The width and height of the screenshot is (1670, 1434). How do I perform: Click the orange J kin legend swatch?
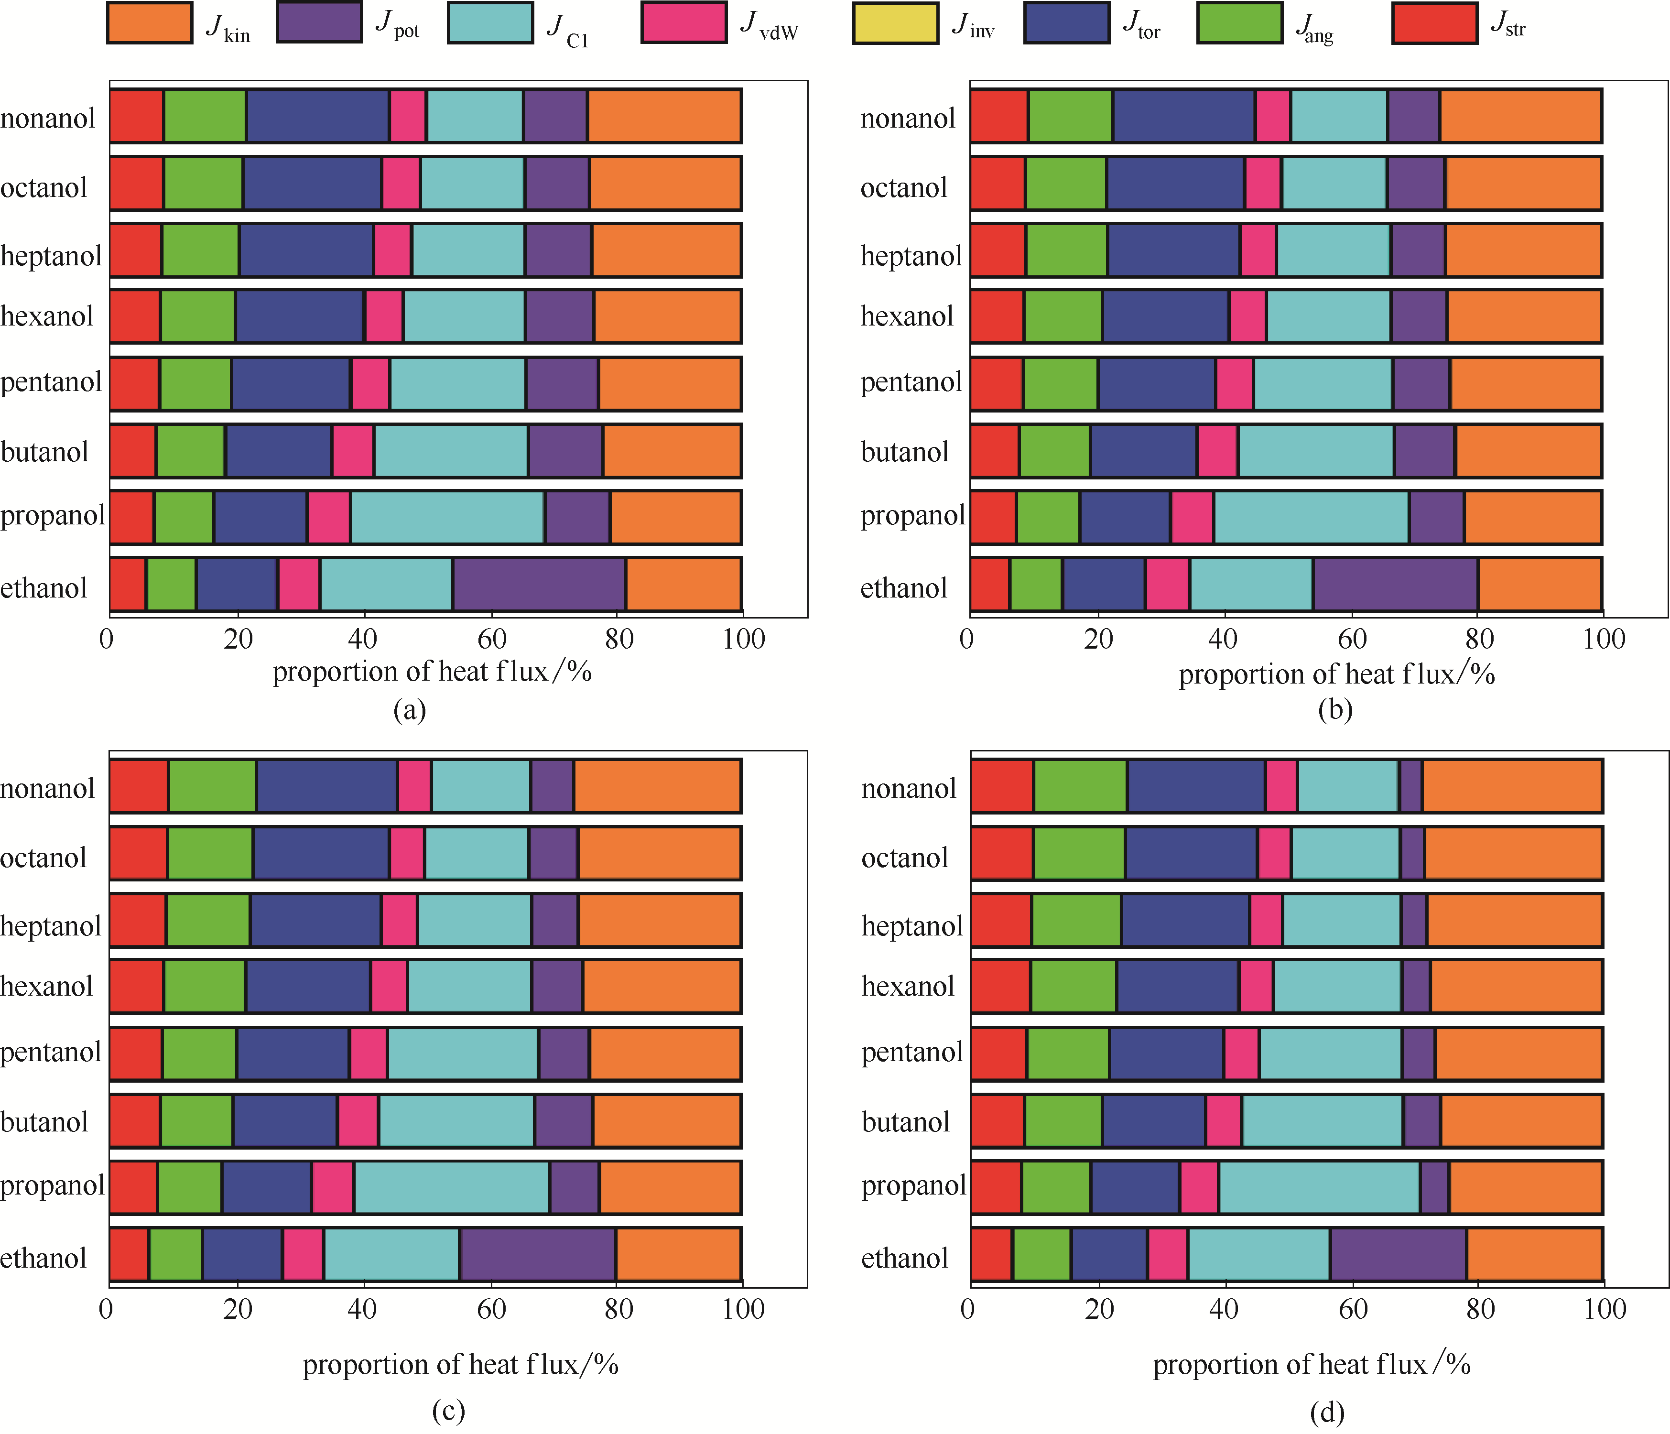(150, 22)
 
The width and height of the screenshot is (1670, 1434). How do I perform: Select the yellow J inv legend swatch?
(895, 22)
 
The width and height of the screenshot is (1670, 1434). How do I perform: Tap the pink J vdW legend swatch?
(683, 22)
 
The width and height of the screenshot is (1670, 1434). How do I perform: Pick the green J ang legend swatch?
(1240, 22)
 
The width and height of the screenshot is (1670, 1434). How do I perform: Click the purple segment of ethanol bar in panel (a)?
(539, 584)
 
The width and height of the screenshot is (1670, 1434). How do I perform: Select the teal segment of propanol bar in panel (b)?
(1312, 517)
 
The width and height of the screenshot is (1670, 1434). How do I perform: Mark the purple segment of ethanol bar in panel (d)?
(1399, 1254)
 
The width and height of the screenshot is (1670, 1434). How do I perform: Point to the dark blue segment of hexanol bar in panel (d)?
(1178, 986)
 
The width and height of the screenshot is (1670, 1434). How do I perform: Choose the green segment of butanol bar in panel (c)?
(196, 1120)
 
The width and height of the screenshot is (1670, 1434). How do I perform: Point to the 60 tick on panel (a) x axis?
(492, 639)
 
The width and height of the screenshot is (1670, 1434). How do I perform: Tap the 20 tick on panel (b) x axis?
(1098, 639)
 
